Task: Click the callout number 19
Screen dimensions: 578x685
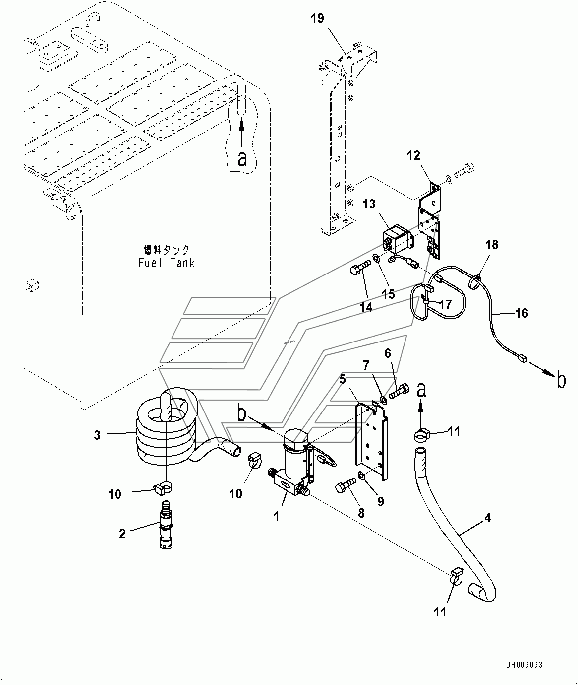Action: (x=317, y=19)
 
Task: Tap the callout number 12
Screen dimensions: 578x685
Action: (x=413, y=155)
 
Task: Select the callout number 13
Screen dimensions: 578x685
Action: (x=369, y=204)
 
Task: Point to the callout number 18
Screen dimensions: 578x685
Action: (x=492, y=245)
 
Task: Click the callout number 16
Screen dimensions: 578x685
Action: (x=521, y=313)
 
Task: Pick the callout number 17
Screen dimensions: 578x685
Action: (x=445, y=305)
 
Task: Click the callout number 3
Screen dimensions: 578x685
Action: (x=97, y=435)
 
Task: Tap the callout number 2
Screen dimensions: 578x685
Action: (x=122, y=534)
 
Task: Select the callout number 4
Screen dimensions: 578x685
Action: (x=488, y=518)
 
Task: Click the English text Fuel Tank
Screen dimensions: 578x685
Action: (x=167, y=263)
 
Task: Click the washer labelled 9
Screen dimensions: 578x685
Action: (x=362, y=475)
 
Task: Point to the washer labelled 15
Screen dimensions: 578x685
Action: (x=376, y=257)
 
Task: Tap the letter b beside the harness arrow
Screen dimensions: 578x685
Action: (x=561, y=381)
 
